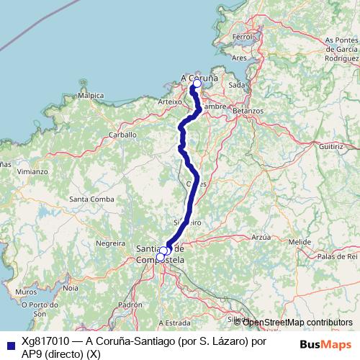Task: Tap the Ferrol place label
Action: [240, 37]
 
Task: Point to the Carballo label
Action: [122, 135]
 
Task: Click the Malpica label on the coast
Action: [91, 95]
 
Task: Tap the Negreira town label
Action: [110, 244]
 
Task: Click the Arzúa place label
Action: [261, 236]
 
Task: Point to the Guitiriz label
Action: [333, 146]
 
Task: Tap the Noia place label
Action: [71, 287]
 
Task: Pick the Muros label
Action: [26, 292]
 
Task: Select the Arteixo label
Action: [169, 102]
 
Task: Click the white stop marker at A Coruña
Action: [197, 84]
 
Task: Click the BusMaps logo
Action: [325, 344]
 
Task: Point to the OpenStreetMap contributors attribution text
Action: [297, 323]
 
